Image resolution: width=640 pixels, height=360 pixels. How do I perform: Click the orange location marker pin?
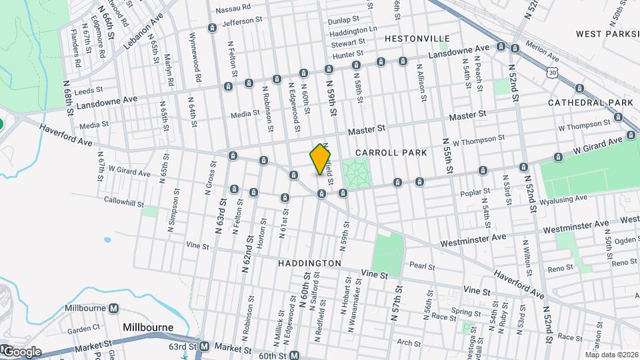pos(321,159)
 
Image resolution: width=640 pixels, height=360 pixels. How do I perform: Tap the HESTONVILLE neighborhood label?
pos(417,39)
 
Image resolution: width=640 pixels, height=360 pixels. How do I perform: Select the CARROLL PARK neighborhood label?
pos(392,153)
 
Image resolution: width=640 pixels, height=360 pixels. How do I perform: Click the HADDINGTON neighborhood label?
pos(309,263)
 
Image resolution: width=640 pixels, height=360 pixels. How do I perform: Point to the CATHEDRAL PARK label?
pos(590,103)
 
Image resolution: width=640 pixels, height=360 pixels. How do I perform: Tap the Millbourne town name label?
pos(148,327)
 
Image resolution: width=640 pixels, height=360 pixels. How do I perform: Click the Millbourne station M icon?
pos(114,309)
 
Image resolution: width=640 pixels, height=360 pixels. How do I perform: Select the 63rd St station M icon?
pos(204,347)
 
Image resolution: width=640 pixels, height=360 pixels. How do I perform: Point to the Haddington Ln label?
pos(353,31)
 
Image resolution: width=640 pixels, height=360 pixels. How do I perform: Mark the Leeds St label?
pos(89,89)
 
